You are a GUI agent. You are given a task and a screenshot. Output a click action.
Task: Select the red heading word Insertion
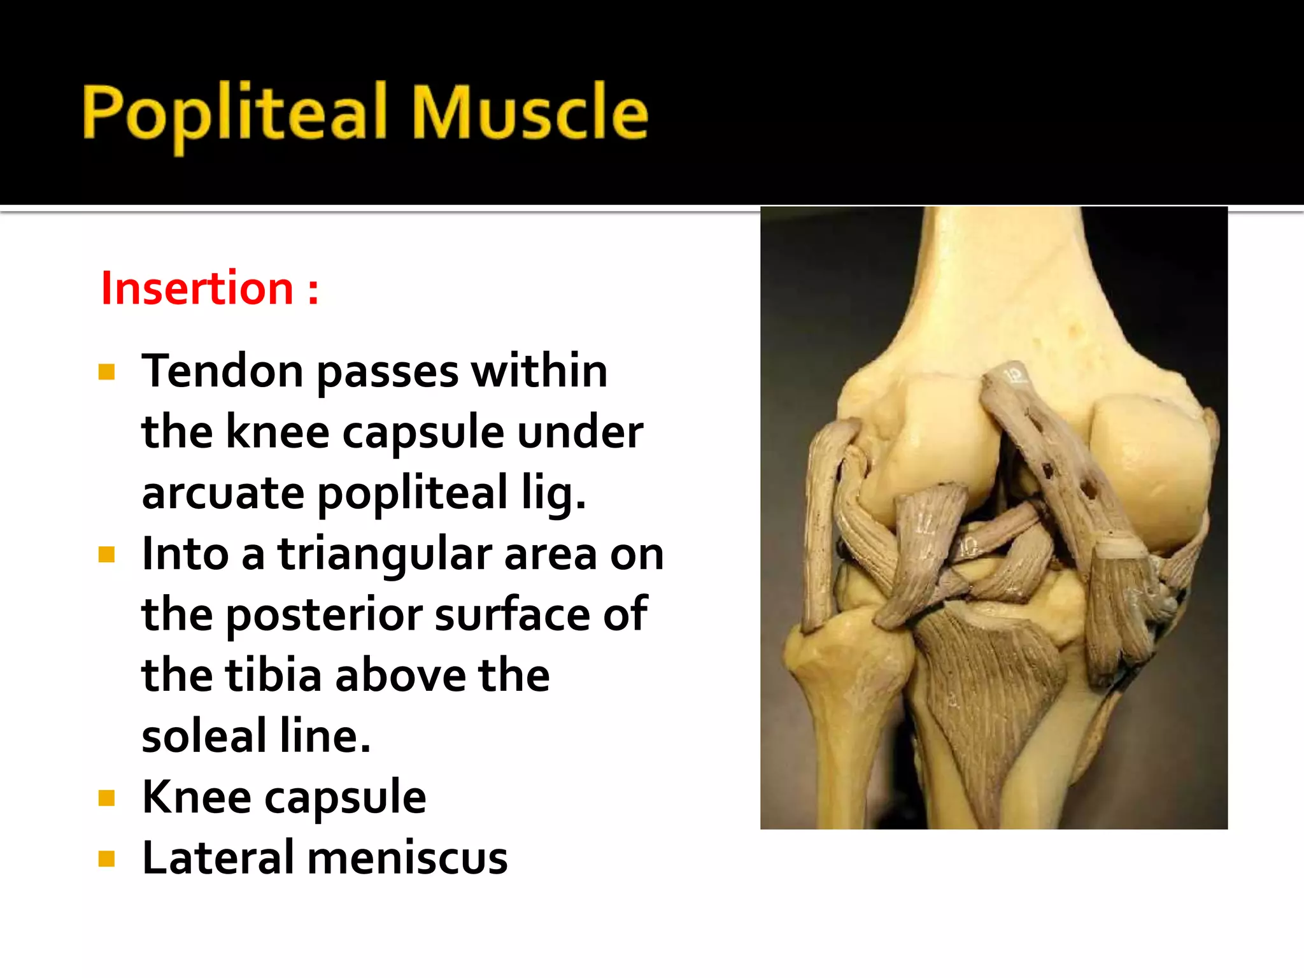pyautogui.click(x=197, y=289)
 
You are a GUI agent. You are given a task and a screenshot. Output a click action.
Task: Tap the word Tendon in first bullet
pyautogui.click(x=222, y=371)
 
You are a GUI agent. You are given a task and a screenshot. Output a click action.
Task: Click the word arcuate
pyautogui.click(x=223, y=493)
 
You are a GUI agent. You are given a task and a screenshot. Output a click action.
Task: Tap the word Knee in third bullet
pyautogui.click(x=196, y=797)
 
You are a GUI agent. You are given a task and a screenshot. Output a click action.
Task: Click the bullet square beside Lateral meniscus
pyautogui.click(x=106, y=860)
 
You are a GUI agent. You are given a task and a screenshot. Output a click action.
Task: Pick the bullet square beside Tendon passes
pyautogui.click(x=106, y=372)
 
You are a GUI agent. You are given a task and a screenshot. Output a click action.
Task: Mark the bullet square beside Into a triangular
pyautogui.click(x=106, y=555)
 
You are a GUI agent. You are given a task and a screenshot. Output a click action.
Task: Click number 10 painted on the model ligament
pyautogui.click(x=969, y=546)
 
